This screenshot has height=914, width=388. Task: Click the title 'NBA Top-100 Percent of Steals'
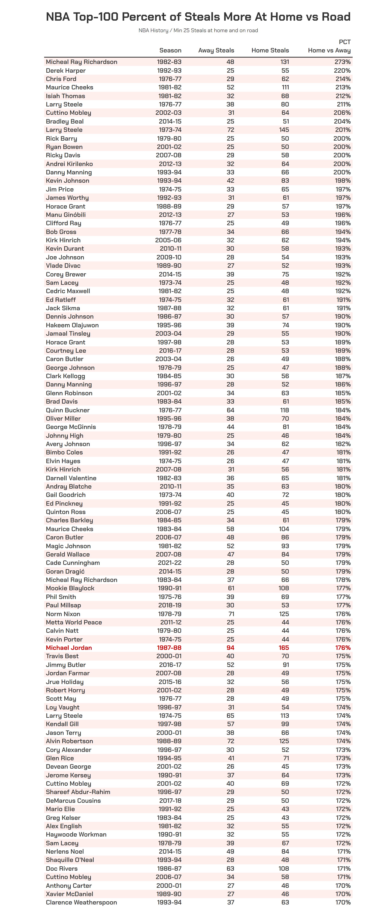point(198,17)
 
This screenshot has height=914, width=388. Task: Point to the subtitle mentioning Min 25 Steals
point(198,31)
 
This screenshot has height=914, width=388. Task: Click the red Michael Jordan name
point(69,647)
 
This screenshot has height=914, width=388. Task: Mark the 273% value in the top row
point(342,62)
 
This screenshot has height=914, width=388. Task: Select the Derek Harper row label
point(66,70)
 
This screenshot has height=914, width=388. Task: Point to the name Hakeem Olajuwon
point(72,325)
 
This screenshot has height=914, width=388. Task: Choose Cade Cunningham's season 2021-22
point(169,563)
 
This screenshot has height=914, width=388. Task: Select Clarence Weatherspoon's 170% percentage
point(342,902)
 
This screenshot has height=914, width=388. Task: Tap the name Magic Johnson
point(68,546)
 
